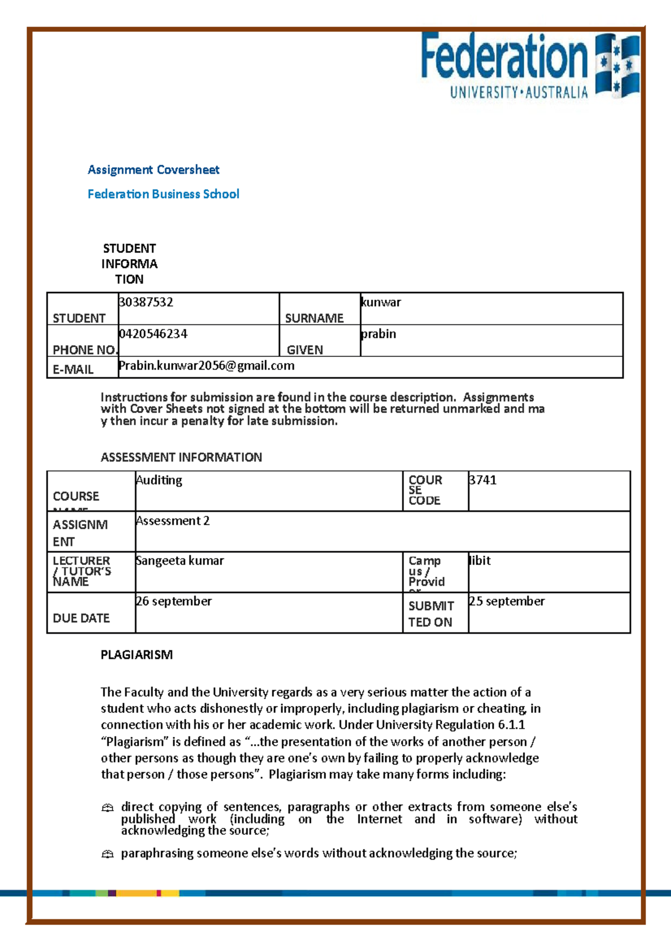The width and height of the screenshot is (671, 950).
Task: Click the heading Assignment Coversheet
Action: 153,170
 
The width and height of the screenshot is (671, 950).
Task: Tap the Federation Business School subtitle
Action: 163,194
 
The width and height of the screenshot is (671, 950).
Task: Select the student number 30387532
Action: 146,302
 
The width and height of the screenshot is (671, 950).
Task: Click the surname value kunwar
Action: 381,302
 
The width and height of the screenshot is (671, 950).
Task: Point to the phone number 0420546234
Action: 153,334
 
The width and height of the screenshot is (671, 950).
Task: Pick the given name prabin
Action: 379,334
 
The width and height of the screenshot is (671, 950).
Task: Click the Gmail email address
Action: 206,366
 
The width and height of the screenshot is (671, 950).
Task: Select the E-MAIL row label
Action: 73,369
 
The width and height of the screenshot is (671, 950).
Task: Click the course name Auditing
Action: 159,480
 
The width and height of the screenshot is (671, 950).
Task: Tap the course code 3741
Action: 483,480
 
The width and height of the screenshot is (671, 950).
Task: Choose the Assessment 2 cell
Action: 173,521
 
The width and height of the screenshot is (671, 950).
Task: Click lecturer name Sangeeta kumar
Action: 179,561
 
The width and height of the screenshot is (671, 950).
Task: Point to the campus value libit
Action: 480,561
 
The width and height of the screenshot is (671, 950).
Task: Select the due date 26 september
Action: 174,601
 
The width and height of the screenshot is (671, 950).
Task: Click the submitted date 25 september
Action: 507,601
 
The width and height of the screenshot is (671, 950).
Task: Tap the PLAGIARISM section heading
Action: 136,655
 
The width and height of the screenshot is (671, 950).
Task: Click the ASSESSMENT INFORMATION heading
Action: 181,457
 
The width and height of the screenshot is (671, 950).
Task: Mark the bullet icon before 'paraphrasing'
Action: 107,854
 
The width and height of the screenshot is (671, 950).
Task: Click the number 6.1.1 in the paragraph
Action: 511,725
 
